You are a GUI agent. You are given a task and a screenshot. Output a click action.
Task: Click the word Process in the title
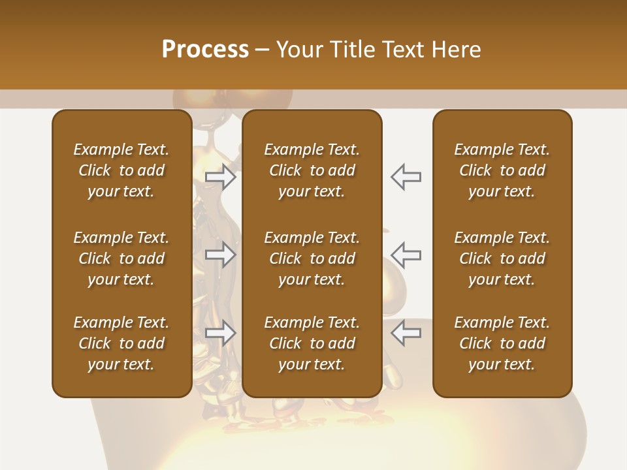pos(205,50)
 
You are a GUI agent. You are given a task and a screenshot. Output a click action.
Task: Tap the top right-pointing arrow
pos(221,177)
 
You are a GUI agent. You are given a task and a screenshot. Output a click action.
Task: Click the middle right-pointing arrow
pos(221,255)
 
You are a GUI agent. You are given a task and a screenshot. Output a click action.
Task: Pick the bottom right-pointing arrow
pos(221,333)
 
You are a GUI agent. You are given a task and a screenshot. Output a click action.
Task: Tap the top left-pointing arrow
pos(406,177)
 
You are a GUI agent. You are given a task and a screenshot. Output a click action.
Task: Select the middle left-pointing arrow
pos(406,255)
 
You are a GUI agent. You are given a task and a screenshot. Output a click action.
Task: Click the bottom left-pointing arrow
pos(406,333)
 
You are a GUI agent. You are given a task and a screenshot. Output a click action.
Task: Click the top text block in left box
pos(121,170)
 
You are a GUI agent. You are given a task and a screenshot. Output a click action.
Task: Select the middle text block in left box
pos(121,258)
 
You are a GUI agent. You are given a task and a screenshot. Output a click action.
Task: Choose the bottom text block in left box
pos(121,343)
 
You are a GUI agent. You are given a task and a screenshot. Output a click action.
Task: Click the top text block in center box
pos(312,170)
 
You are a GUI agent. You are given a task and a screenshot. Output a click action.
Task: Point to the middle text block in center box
pos(312,258)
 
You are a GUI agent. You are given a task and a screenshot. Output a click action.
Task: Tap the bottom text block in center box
pos(312,343)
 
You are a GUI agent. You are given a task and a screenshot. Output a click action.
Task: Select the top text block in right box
pos(502,170)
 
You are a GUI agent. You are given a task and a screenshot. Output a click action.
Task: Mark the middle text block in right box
pos(502,258)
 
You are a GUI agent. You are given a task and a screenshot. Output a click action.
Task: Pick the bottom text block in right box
pos(502,343)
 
